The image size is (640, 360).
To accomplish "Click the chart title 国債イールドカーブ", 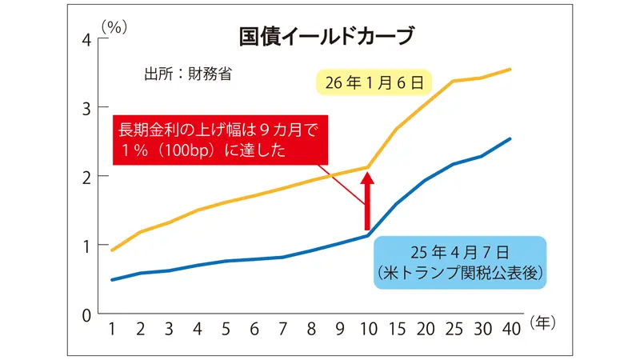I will pyautogui.click(x=327, y=37).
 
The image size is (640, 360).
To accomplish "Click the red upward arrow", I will pyautogui.click(x=367, y=199).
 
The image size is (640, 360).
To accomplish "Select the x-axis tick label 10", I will pyautogui.click(x=367, y=328).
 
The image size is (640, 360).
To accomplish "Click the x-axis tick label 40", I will pyautogui.click(x=510, y=328).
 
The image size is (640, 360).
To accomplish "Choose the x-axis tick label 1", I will pyautogui.click(x=113, y=328).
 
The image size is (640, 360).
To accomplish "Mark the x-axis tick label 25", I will pyautogui.click(x=454, y=328).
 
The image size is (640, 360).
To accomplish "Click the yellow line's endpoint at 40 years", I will pyautogui.click(x=510, y=70).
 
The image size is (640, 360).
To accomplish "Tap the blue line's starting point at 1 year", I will pyautogui.click(x=113, y=280).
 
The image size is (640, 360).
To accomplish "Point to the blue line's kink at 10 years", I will pyautogui.click(x=367, y=235).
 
